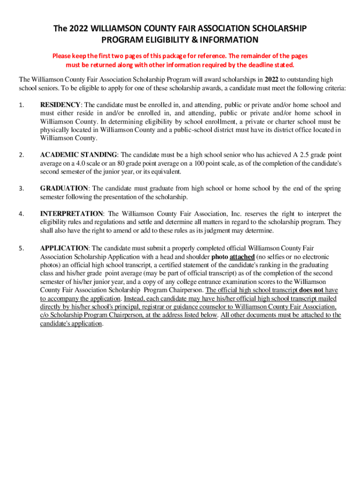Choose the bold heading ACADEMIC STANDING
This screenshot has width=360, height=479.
pyautogui.click(x=79, y=155)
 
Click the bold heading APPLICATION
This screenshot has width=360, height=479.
pyautogui.click(x=64, y=247)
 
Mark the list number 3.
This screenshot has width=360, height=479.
pyautogui.click(x=21, y=189)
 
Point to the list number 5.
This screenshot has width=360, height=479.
pyautogui.click(x=21, y=248)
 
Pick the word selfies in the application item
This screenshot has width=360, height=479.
pyautogui.click(x=277, y=257)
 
